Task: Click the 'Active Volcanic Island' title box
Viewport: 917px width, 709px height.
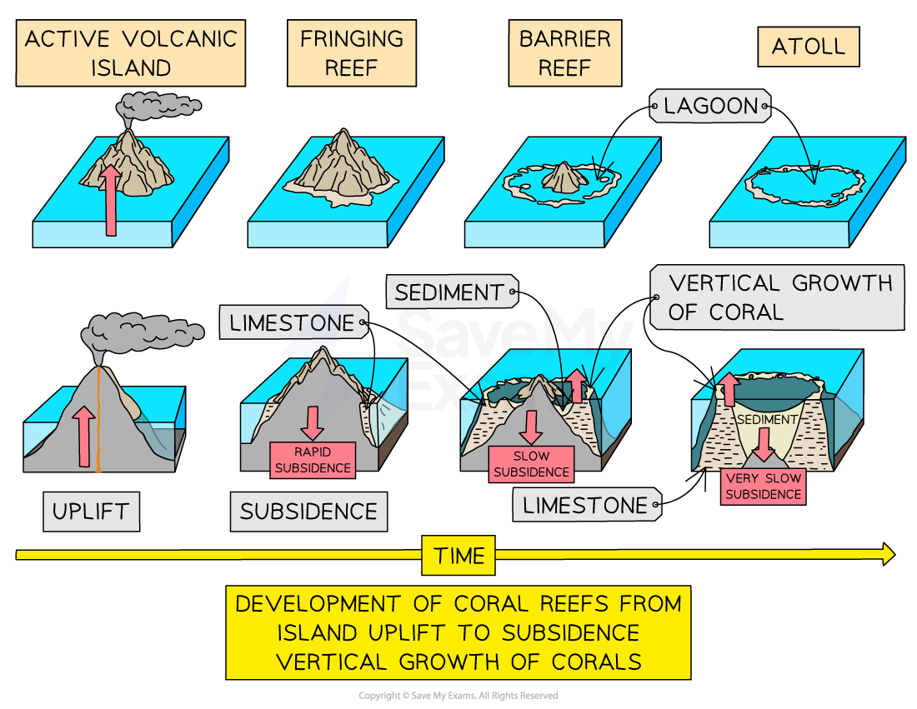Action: tap(130, 53)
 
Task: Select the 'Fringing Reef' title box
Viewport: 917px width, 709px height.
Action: tap(351, 53)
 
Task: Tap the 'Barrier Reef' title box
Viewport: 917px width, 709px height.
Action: tap(564, 53)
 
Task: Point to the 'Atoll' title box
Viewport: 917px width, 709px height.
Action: tap(808, 47)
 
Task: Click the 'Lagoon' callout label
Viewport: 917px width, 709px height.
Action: tap(709, 106)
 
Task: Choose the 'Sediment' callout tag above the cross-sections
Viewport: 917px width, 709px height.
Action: tap(451, 292)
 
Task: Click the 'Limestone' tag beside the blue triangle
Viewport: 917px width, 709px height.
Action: tap(293, 322)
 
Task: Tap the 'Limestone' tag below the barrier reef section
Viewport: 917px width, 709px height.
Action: tap(586, 505)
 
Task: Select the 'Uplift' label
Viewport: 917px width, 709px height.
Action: tap(91, 511)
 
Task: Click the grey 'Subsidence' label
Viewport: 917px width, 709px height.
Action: tap(308, 511)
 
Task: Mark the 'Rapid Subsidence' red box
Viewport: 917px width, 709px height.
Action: tap(313, 460)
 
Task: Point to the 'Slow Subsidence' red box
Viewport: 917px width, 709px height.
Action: tap(531, 464)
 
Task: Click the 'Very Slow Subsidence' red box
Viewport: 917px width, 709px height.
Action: tap(764, 487)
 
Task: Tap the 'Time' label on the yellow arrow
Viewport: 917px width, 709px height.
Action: tap(458, 555)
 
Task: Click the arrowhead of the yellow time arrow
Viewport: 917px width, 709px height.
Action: tap(888, 554)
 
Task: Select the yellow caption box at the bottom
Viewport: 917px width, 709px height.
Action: tap(458, 633)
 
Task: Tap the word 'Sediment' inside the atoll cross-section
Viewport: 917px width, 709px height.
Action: tap(767, 420)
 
